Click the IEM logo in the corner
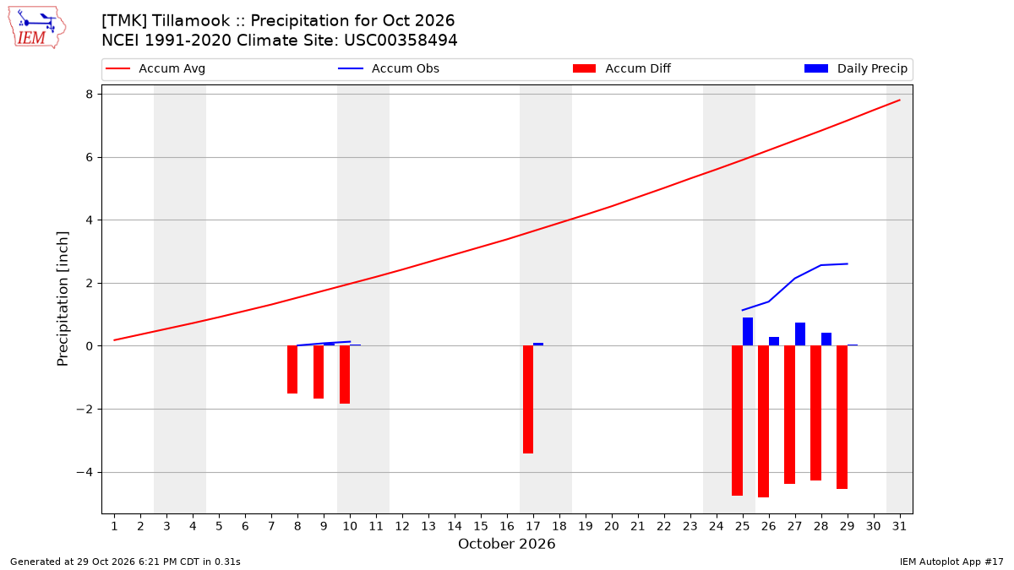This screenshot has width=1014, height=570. [37, 28]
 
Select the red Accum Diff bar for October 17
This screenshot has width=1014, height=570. [528, 399]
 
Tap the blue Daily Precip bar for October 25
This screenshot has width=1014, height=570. [747, 332]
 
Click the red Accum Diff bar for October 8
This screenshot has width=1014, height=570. [292, 370]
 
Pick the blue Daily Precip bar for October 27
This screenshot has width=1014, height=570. [800, 334]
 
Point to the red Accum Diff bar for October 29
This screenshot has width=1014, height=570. [842, 417]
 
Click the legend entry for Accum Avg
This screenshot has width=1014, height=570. [155, 68]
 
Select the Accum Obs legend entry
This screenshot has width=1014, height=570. [389, 68]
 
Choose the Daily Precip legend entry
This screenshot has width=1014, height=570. [855, 68]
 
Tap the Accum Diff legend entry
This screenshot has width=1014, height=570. [622, 68]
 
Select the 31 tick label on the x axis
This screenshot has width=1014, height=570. [899, 526]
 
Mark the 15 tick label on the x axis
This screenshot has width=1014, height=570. [481, 526]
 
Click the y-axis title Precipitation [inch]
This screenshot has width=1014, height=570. [63, 299]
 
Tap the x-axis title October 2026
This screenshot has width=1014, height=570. [506, 544]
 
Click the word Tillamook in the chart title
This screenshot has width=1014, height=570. [191, 21]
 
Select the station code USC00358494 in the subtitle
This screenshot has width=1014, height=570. [401, 41]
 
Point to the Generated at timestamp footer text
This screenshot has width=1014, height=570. [125, 562]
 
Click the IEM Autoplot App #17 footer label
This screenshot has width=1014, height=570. [951, 562]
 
